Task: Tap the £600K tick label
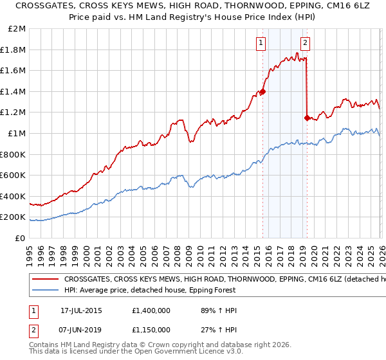(14, 175)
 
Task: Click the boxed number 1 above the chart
(261, 43)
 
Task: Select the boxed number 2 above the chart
(305, 43)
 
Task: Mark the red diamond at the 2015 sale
(262, 92)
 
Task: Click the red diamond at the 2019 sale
(307, 118)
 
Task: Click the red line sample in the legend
(45, 280)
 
